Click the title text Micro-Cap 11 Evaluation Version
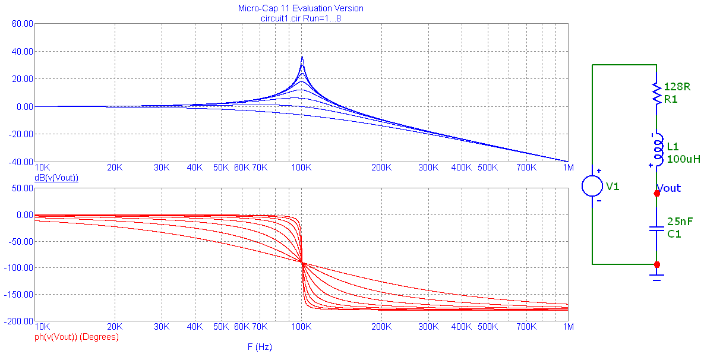[301, 8]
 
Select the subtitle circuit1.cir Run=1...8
[301, 18]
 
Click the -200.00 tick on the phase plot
[18, 321]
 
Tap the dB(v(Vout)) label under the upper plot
[56, 178]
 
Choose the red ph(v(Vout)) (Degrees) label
[77, 337]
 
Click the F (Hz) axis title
[259, 347]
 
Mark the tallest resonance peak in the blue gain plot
[302, 58]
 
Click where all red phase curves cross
[302, 263]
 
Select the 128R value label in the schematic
[677, 87]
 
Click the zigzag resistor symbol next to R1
[656, 94]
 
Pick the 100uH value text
[683, 159]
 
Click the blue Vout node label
[670, 188]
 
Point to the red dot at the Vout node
[656, 193]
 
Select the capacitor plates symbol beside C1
[656, 229]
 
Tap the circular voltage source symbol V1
[592, 186]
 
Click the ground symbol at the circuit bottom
[656, 276]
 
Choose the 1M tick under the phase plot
[568, 327]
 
